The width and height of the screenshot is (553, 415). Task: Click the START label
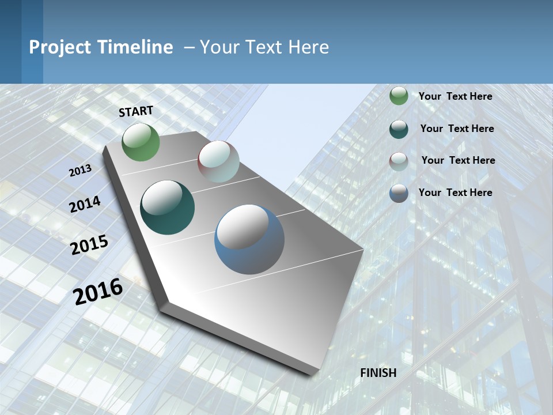(x=136, y=111)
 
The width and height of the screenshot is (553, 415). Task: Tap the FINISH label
(x=378, y=373)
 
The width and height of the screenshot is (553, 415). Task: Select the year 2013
(x=80, y=171)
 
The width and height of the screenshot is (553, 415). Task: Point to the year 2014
(x=85, y=205)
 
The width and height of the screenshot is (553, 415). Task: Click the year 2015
(x=89, y=245)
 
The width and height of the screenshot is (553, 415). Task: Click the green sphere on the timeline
(x=141, y=142)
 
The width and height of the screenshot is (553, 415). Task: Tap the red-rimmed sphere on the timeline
(x=218, y=161)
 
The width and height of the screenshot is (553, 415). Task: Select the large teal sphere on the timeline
(x=168, y=207)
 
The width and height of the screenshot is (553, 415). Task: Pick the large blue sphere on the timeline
(x=249, y=239)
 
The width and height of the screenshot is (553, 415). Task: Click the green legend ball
(x=399, y=96)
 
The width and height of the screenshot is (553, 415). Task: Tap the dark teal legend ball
(x=399, y=129)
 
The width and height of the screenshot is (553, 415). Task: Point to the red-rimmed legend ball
(x=399, y=161)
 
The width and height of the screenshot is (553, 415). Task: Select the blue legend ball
(x=399, y=193)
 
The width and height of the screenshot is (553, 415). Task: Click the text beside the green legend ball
(x=455, y=96)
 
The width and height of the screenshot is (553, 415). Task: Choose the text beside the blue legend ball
(x=455, y=193)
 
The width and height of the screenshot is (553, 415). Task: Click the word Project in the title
(x=59, y=47)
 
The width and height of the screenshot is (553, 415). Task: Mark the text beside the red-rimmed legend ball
(x=458, y=160)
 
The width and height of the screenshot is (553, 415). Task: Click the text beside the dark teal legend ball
(x=457, y=129)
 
